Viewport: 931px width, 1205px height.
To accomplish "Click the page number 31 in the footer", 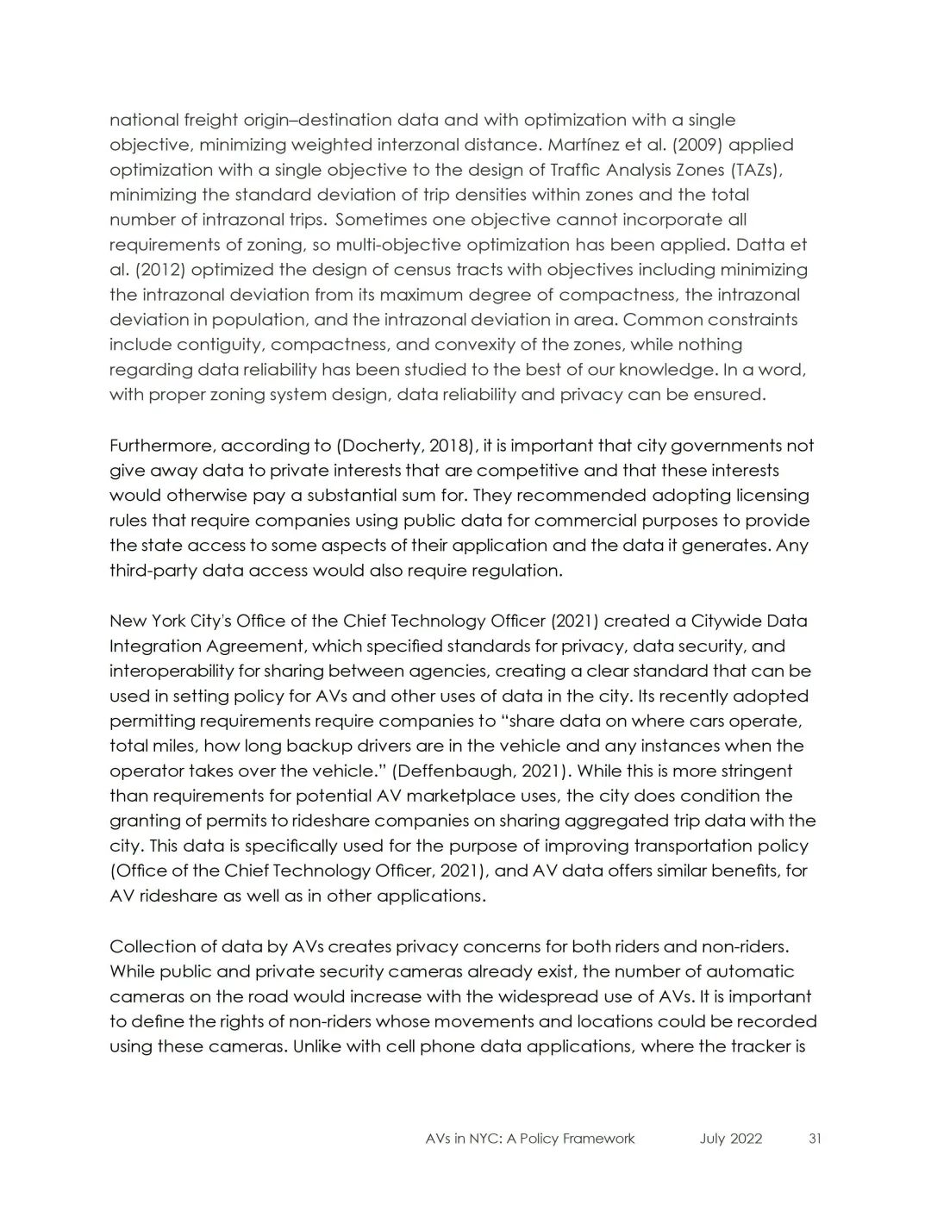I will point(815,1139).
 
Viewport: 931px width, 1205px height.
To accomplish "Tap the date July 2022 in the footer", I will point(731,1139).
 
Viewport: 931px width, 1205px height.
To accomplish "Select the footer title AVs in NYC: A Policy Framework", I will point(530,1139).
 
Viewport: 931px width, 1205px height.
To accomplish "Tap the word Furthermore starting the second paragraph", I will point(161,446).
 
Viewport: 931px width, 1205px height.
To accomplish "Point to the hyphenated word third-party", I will point(153,571).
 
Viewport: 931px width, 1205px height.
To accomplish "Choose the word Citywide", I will point(726,621).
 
